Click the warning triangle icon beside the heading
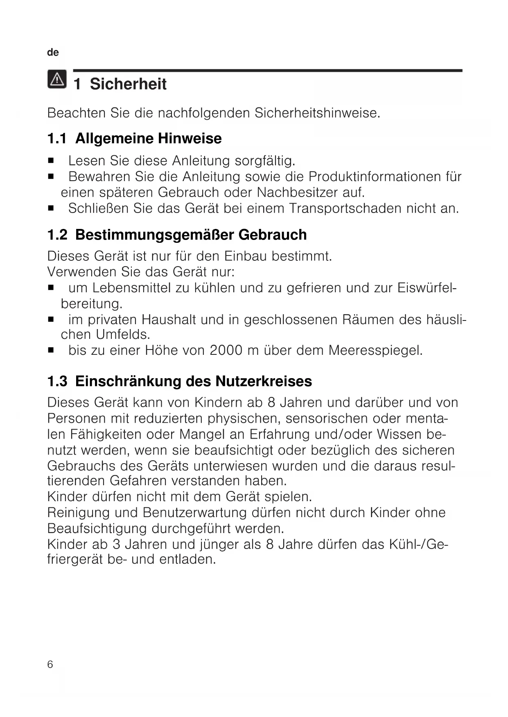57,79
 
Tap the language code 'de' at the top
53,52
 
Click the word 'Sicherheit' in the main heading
128,84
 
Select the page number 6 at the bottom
50,664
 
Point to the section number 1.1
57,139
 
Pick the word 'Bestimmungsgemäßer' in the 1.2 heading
155,235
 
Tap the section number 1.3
57,381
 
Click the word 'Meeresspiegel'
375,350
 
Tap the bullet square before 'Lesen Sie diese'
51,161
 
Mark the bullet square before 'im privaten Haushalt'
51,319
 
